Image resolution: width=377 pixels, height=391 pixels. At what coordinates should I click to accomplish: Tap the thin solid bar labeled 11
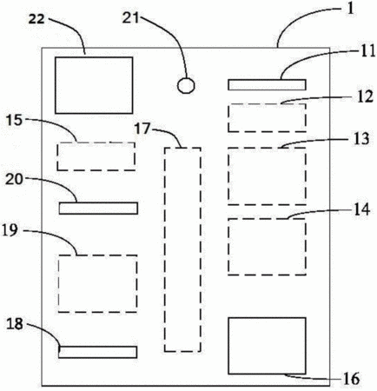[267, 85]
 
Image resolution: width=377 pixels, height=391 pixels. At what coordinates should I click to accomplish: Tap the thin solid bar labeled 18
[97, 352]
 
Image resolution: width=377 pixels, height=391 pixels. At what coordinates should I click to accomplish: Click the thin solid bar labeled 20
[98, 209]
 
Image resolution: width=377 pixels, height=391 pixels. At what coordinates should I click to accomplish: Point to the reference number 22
[36, 19]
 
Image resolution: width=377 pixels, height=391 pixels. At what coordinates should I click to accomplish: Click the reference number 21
[130, 18]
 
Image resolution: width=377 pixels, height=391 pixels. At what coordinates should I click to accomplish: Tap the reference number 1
[350, 9]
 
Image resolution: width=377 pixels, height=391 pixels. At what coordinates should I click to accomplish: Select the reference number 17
[142, 129]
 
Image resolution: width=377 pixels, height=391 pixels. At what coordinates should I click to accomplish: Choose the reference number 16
[352, 379]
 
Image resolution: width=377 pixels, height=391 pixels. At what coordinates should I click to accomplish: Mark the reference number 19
[10, 231]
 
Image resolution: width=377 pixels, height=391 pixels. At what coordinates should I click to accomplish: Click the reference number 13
[361, 139]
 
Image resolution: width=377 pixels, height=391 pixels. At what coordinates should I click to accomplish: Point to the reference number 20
[14, 180]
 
